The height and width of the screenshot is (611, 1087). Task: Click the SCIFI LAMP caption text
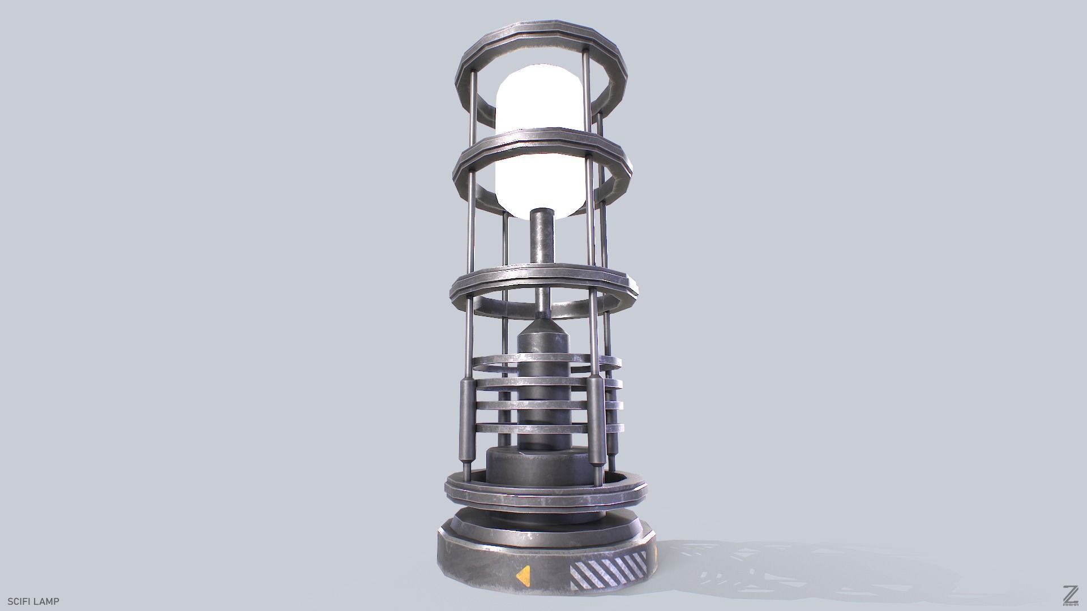click(33, 601)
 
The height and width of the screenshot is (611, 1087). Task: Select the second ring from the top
click(542, 141)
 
